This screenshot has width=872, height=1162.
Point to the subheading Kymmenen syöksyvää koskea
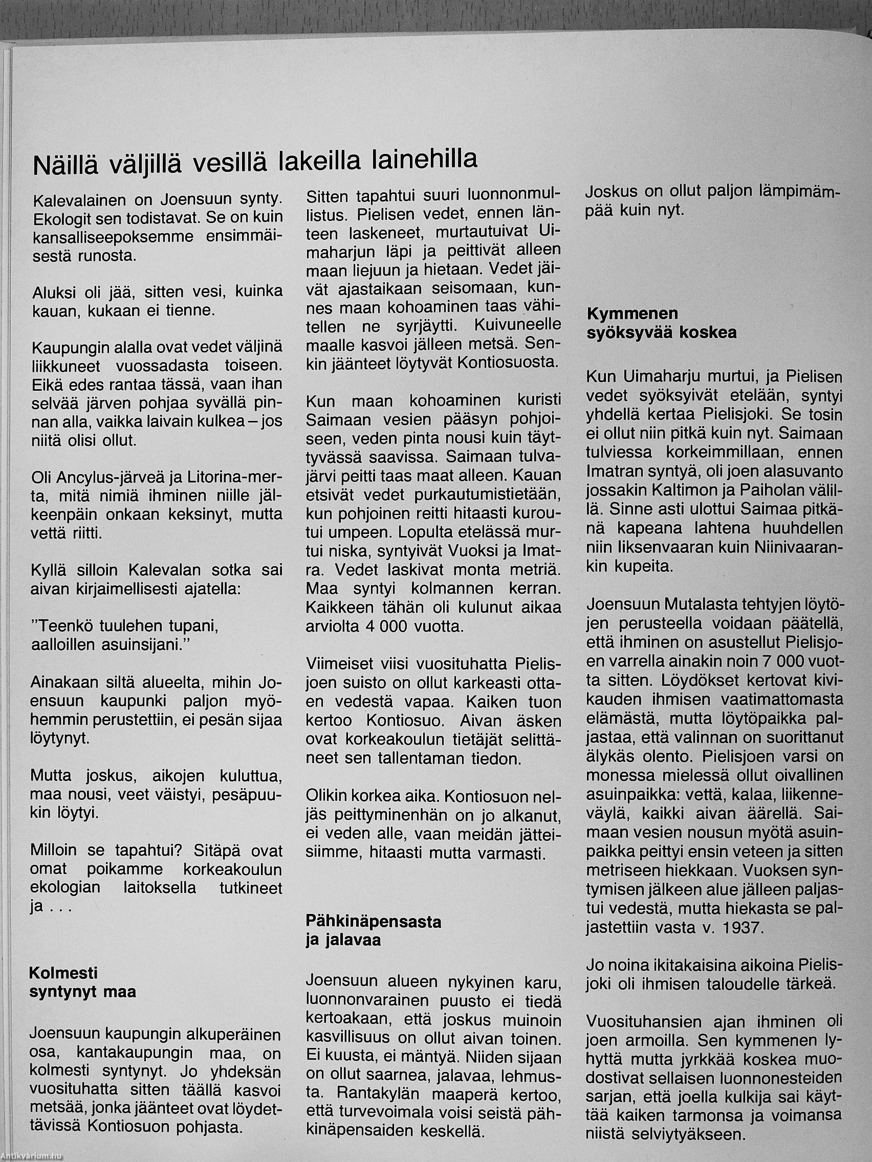pyautogui.click(x=662, y=323)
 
